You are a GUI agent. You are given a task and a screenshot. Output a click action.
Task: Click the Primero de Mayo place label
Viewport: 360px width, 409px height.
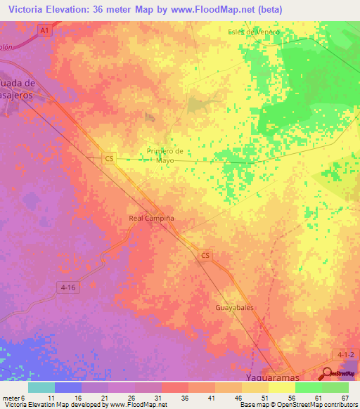165,155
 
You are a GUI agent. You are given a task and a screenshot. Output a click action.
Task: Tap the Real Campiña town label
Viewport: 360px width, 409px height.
151,219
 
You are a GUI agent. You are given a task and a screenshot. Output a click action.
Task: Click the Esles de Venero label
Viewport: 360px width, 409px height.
254,32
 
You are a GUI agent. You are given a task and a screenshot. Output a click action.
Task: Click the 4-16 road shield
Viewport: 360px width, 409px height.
69,287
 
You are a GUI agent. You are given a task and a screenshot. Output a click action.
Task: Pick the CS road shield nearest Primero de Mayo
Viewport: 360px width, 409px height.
108,159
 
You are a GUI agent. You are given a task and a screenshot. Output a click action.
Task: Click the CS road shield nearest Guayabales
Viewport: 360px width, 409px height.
205,256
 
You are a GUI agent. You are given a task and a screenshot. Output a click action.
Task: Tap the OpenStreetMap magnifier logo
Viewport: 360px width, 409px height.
328,375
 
